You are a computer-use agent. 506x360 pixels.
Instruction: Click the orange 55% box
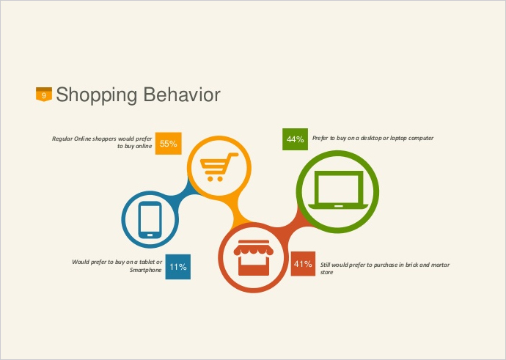168,143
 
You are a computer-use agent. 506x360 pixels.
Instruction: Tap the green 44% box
295,139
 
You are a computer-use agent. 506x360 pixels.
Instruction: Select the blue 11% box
177,266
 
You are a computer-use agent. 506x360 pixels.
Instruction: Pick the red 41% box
303,263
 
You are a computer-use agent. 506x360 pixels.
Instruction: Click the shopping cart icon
219,166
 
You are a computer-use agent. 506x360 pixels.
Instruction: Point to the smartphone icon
150,220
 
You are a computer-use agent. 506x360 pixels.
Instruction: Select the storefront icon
253,257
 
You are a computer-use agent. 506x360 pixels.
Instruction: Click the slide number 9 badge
44,94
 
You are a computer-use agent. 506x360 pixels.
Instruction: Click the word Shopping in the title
97,95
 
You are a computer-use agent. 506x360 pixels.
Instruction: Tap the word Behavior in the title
182,95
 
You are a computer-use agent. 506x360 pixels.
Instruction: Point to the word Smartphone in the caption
145,270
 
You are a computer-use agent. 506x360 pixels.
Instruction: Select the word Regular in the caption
62,139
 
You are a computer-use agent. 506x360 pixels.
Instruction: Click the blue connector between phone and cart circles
183,191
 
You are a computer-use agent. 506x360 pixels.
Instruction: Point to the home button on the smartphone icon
150,235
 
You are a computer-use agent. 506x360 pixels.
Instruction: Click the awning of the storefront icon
253,249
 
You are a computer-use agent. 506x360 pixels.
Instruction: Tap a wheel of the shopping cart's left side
210,179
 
